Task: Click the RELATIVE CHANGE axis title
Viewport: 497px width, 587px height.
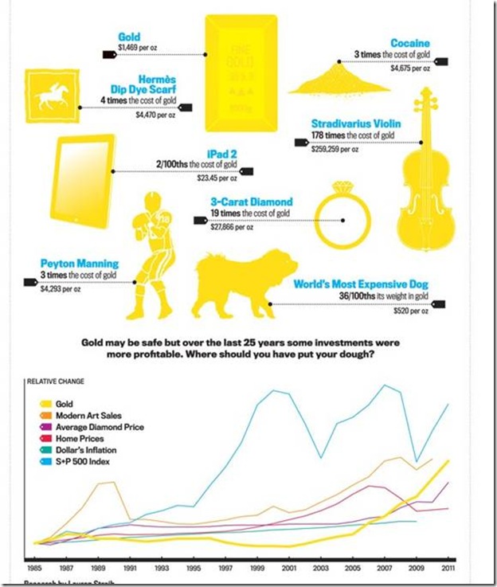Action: click(56, 381)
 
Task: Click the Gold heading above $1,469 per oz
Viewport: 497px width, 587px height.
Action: click(129, 37)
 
